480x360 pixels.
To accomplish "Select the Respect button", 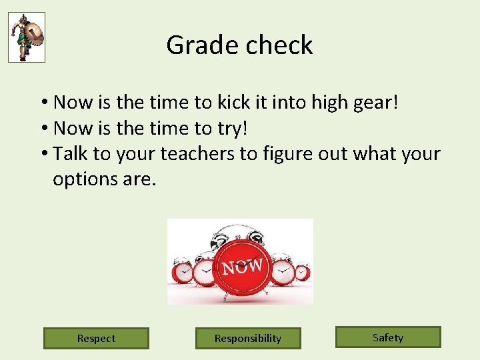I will coord(96,338).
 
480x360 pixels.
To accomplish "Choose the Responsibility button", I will coord(248,338).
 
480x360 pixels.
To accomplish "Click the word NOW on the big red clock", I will coord(242,267).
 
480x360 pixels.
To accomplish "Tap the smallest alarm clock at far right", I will coord(302,272).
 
